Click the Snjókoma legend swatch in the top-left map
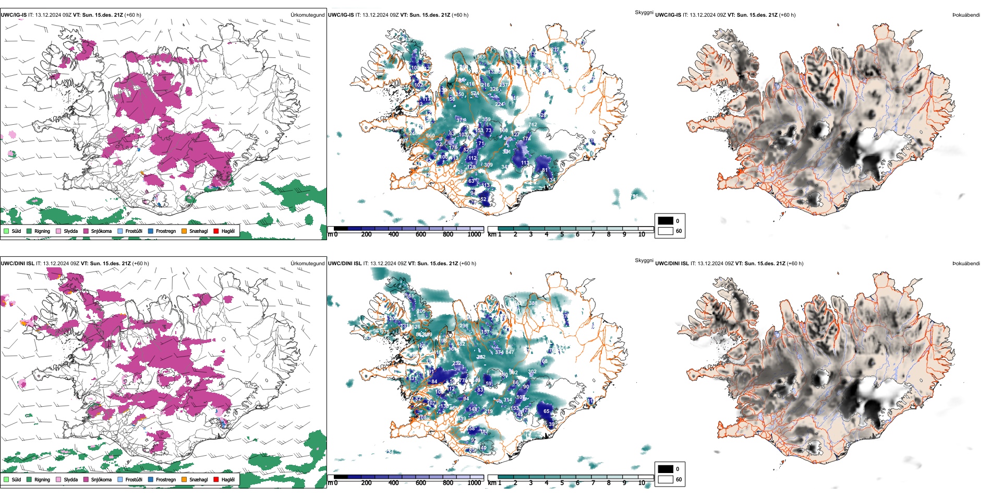86,231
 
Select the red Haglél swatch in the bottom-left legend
216,479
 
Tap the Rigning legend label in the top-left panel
42,231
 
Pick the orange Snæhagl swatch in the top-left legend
184,231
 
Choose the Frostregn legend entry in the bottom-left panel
165,479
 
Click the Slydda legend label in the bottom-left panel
70,479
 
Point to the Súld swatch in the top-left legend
6,231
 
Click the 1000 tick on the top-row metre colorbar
474,234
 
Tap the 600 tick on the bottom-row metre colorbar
421,483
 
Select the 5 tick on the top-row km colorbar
562,234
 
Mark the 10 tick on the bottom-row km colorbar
642,483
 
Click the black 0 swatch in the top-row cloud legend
666,221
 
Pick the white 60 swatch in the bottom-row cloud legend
666,479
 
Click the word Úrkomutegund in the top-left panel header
307,15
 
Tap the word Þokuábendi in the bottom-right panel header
966,264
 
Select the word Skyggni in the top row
644,12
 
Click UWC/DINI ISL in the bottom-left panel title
17,264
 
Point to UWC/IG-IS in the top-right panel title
668,15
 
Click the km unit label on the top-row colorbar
492,234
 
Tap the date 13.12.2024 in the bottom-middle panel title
384,264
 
